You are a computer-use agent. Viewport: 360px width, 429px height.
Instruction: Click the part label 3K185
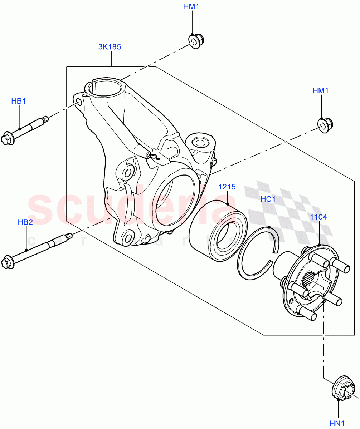[110, 46]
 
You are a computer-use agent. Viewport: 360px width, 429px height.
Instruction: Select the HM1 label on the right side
[320, 91]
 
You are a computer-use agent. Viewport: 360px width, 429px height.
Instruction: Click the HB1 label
[19, 101]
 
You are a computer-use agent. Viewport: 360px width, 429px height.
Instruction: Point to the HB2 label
[25, 222]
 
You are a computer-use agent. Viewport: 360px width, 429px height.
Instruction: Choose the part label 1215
[227, 187]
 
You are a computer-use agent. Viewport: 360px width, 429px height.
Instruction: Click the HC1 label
[268, 199]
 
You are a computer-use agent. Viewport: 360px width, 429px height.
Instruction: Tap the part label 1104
[318, 217]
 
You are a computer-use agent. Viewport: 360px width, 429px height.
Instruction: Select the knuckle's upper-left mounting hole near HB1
[79, 103]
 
